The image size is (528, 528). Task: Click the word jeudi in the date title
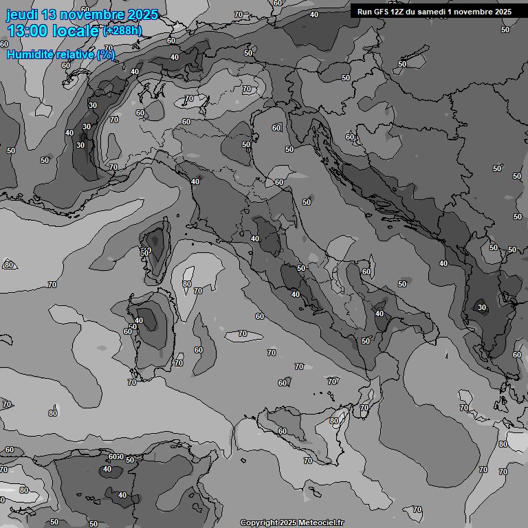pos(22,14)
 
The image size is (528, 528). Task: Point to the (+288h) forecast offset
pos(122,31)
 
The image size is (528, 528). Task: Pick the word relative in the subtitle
pos(74,54)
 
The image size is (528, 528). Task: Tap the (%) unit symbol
pos(106,54)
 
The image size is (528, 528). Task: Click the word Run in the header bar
pos(364,12)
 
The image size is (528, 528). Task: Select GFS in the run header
pos(381,12)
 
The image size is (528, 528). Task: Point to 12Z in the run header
pos(399,12)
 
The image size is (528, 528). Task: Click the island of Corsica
pos(157,248)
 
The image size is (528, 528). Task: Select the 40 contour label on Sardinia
pos(139,320)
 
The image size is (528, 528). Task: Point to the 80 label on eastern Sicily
pos(334,421)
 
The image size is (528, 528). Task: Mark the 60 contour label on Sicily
pos(282,431)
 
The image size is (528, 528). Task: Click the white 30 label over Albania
pos(482,307)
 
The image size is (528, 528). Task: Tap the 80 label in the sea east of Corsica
pos(187,284)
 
